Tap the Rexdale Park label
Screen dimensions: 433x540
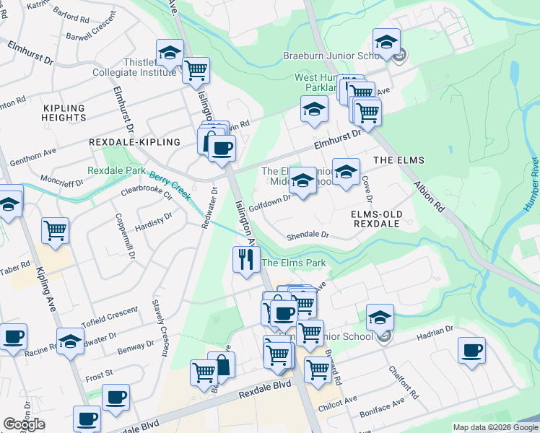pos(116,171)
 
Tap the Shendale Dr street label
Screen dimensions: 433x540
pos(308,235)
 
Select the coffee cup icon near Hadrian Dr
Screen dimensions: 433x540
pos(471,351)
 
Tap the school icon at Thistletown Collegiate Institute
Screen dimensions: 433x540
pos(170,53)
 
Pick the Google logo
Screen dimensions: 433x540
pos(23,424)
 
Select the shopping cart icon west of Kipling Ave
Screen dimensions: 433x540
pos(55,231)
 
